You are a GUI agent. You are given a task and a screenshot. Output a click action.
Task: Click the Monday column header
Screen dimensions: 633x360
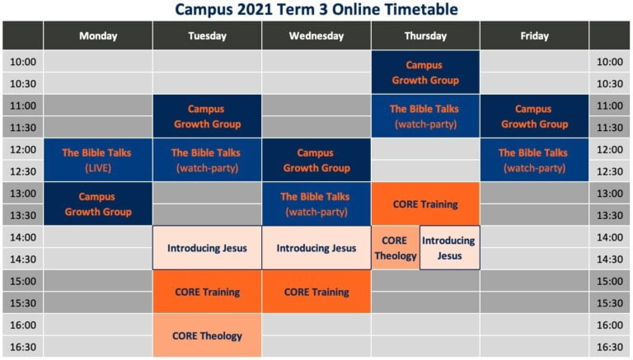click(x=98, y=36)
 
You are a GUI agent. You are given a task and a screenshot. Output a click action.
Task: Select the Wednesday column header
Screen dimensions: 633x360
click(x=316, y=36)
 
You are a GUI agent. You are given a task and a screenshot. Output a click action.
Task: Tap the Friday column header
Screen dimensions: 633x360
click(x=534, y=36)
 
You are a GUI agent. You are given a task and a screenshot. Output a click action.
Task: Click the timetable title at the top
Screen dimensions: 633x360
click(x=316, y=9)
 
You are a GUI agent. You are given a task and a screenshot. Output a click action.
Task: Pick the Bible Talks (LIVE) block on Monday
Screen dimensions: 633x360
click(x=98, y=160)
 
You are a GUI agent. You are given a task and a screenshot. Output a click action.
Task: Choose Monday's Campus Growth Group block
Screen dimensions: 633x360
click(x=98, y=203)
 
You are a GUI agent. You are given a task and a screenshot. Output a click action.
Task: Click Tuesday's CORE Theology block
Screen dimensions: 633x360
click(x=207, y=335)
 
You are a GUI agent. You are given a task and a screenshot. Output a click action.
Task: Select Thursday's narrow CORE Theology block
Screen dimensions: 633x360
click(x=396, y=248)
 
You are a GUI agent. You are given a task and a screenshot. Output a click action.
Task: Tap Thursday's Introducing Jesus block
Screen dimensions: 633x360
click(x=450, y=248)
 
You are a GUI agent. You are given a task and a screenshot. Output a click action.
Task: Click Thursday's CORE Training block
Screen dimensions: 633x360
click(x=425, y=203)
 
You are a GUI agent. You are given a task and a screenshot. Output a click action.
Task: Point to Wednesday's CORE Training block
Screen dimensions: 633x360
click(x=316, y=292)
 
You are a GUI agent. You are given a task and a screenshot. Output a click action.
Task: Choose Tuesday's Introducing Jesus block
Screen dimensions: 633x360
click(x=207, y=248)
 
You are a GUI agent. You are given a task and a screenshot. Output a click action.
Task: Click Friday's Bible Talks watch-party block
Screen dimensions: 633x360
click(x=534, y=160)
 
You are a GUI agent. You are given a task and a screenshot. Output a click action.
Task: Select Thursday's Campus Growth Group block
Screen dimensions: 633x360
click(x=425, y=72)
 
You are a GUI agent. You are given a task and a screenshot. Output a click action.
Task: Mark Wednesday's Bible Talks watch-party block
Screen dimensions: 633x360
click(x=316, y=203)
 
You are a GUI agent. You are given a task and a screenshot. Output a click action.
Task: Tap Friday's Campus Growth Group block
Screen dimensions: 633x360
click(x=534, y=116)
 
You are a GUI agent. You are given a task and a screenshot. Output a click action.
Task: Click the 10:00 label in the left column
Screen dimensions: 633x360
click(x=23, y=62)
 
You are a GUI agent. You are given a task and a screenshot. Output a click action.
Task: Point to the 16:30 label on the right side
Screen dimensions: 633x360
click(x=610, y=347)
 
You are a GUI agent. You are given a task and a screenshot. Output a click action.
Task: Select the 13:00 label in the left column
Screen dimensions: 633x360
click(x=23, y=194)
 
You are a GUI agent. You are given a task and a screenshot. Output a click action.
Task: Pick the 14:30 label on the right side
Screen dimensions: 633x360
click(x=610, y=259)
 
